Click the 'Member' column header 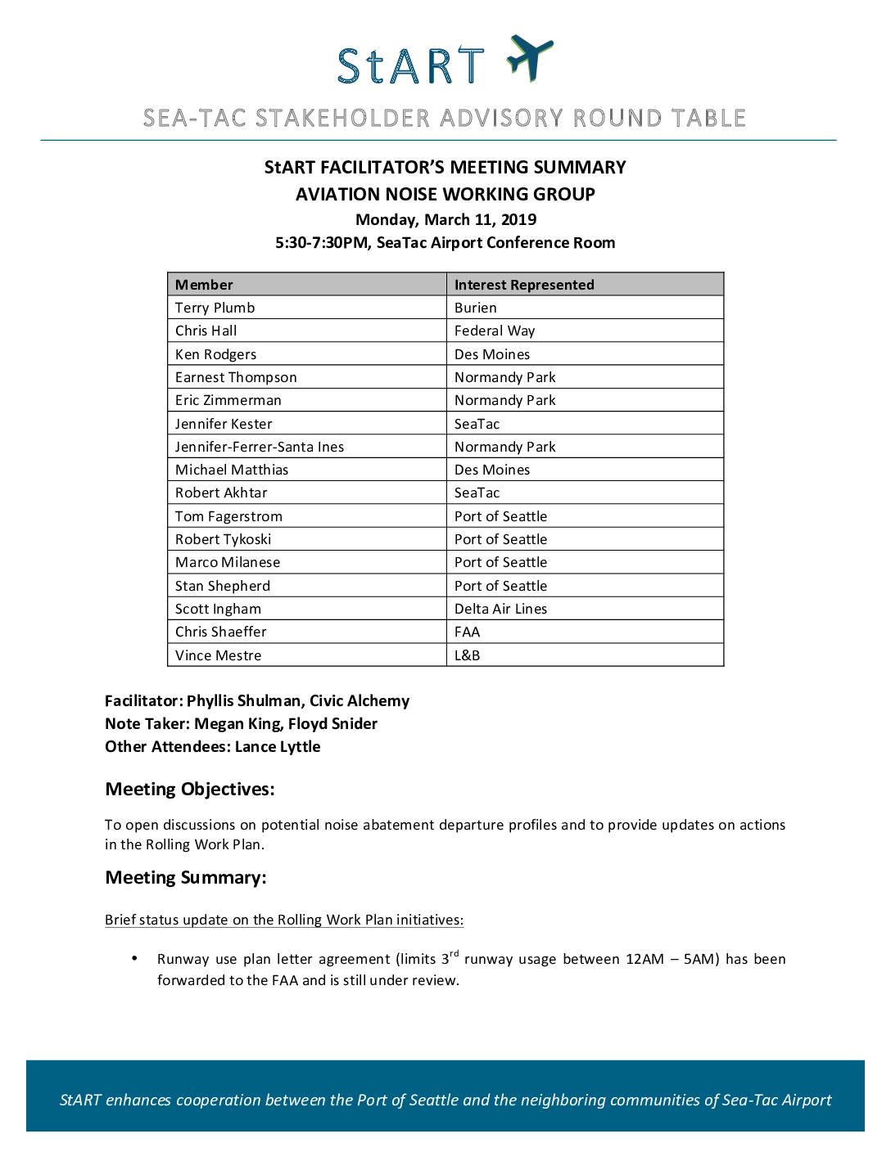point(204,285)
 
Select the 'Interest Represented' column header point(524,285)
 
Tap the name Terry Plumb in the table point(215,308)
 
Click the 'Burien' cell point(475,308)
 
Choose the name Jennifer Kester point(224,424)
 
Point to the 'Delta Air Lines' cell point(500,609)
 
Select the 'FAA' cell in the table point(467,632)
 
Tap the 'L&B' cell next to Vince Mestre point(467,655)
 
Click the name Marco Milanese point(228,562)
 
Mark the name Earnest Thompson point(236,377)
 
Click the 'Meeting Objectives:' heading point(189,790)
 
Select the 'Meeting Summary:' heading point(185,878)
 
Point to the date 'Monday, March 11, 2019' point(445,219)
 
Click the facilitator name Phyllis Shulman point(243,700)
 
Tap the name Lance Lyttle point(278,746)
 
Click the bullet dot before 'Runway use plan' point(133,958)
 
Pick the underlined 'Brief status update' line point(283,920)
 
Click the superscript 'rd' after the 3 point(455,953)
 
